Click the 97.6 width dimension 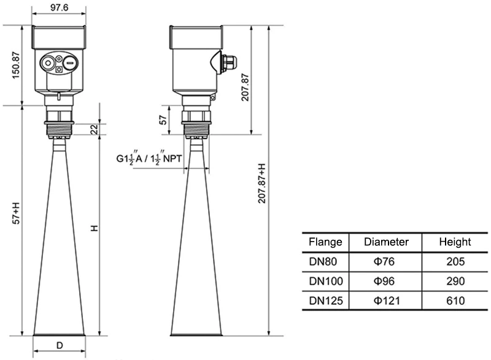pyautogui.click(x=58, y=7)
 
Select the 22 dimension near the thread pyautogui.click(x=94, y=129)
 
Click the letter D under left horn pyautogui.click(x=59, y=345)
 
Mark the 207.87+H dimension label pyautogui.click(x=262, y=184)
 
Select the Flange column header pyautogui.click(x=325, y=242)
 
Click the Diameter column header pyautogui.click(x=386, y=242)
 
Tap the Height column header pyautogui.click(x=454, y=242)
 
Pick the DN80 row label pyautogui.click(x=325, y=262)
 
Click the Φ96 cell pyautogui.click(x=386, y=281)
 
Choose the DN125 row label pyautogui.click(x=325, y=301)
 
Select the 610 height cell pyautogui.click(x=454, y=301)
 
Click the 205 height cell pyautogui.click(x=454, y=262)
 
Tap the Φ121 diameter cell pyautogui.click(x=386, y=301)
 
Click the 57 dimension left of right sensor pyautogui.click(x=163, y=120)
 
